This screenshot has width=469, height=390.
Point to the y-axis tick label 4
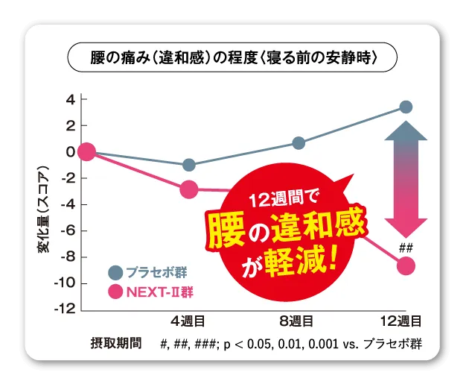pyautogui.click(x=70, y=100)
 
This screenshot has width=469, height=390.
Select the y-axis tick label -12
pyautogui.click(x=66, y=309)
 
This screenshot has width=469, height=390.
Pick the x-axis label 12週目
pyautogui.click(x=401, y=322)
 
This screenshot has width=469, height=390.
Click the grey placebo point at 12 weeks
pyautogui.click(x=406, y=107)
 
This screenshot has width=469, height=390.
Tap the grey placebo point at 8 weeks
pyautogui.click(x=299, y=143)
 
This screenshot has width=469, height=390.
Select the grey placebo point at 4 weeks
pyautogui.click(x=189, y=165)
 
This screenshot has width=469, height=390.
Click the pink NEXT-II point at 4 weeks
pyautogui.click(x=189, y=189)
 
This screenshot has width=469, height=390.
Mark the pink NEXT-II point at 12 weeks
pyautogui.click(x=406, y=265)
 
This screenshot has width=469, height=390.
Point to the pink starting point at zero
pyautogui.click(x=86, y=152)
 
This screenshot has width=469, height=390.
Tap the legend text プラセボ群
pyautogui.click(x=156, y=272)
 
